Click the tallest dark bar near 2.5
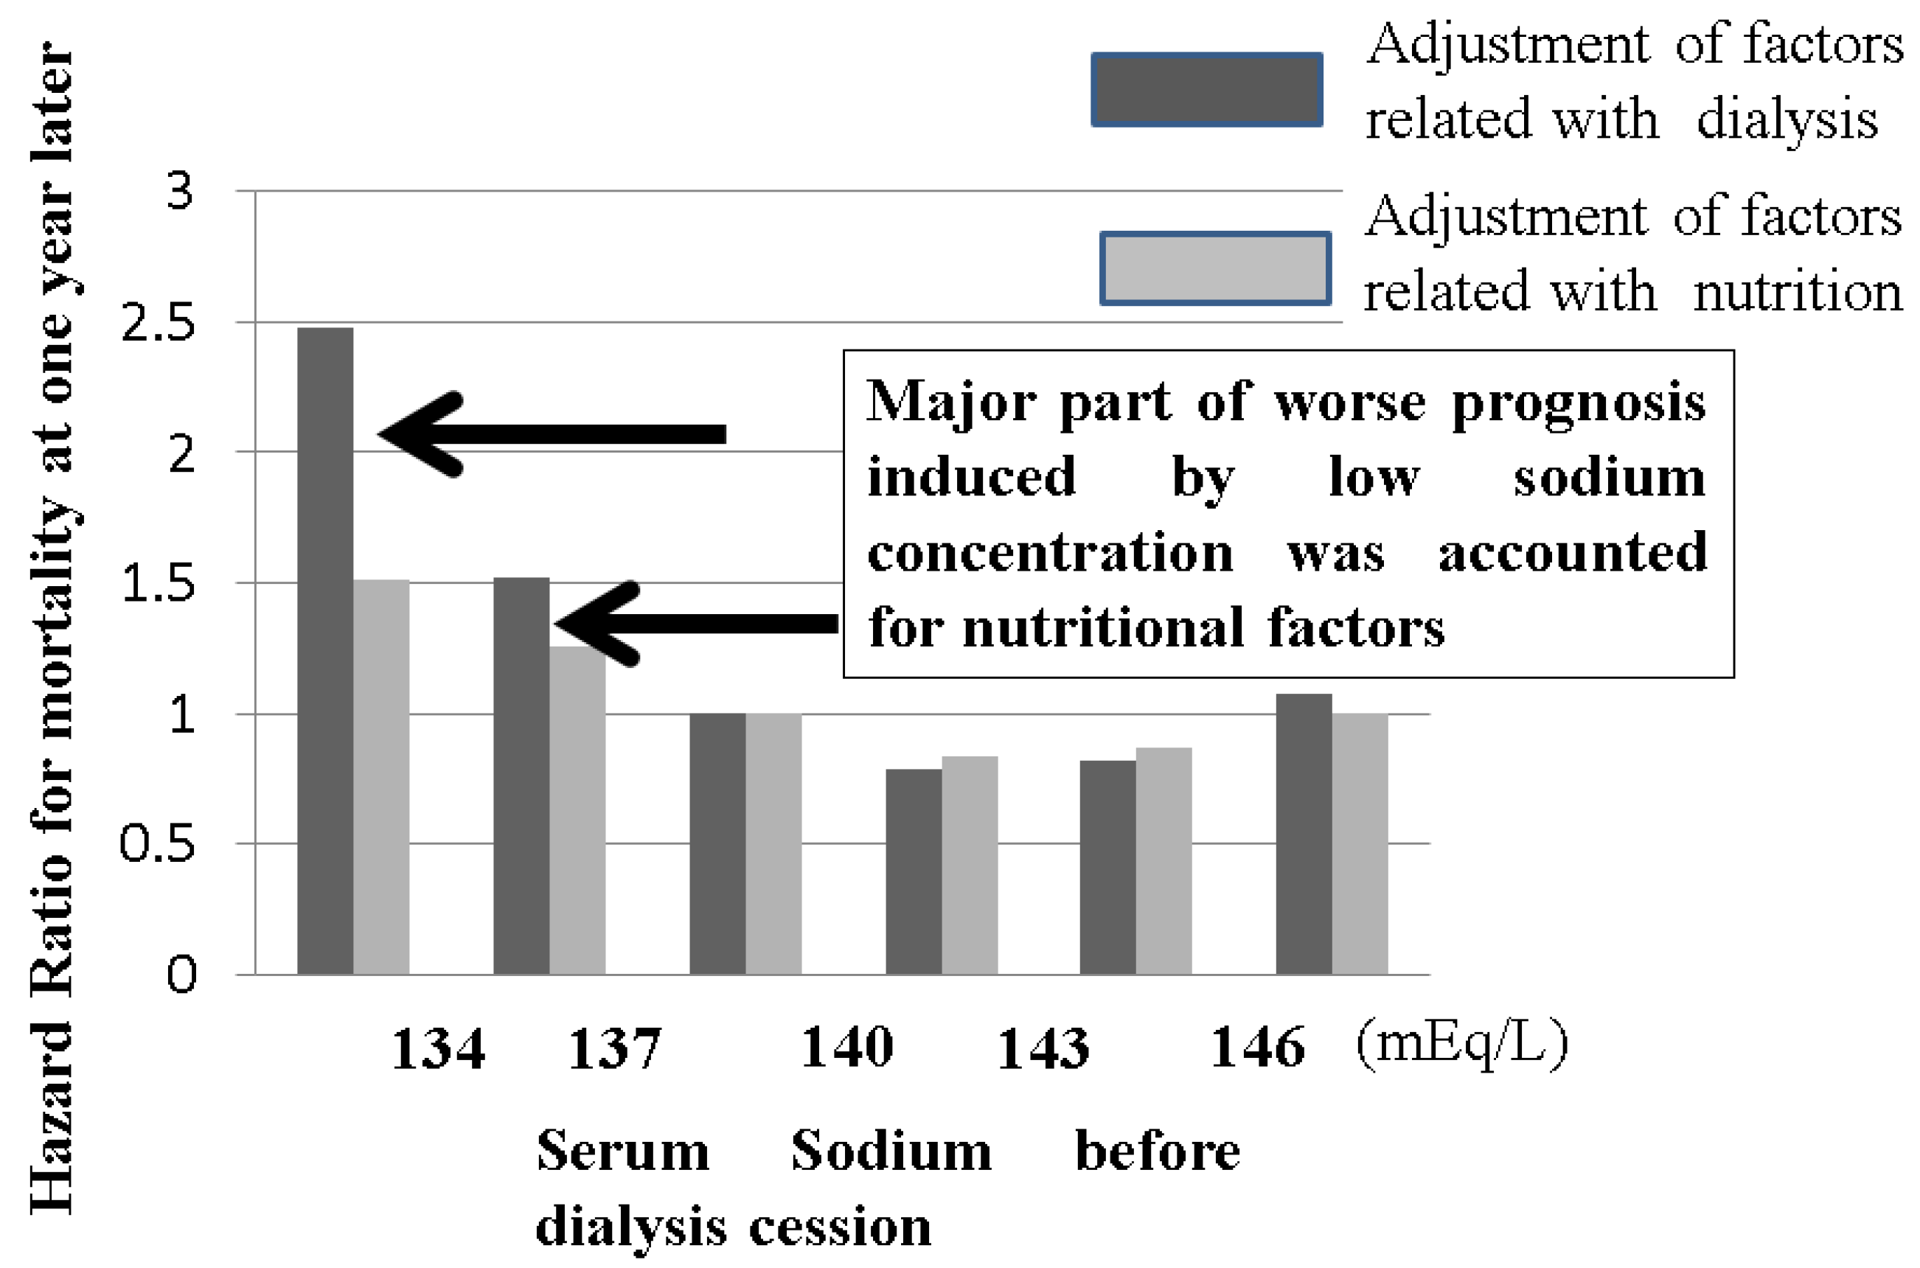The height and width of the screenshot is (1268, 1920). point(325,651)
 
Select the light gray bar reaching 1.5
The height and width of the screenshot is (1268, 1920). point(381,776)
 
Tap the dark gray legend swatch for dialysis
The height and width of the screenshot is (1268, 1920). point(1207,90)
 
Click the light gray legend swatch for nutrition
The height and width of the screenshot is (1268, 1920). point(1215,268)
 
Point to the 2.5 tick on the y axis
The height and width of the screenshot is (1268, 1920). point(158,324)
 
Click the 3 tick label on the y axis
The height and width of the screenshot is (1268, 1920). point(180,192)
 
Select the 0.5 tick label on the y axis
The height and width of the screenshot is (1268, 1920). point(158,844)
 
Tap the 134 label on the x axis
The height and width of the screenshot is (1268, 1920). point(437,1050)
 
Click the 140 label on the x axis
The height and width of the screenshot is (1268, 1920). point(846,1048)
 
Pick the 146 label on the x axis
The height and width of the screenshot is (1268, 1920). point(1258,1048)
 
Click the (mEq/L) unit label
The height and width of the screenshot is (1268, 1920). point(1462,1044)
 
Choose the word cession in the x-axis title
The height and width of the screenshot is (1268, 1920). point(840,1227)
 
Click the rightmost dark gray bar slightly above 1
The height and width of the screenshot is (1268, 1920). point(1304,833)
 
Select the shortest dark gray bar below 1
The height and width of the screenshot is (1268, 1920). point(913,871)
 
